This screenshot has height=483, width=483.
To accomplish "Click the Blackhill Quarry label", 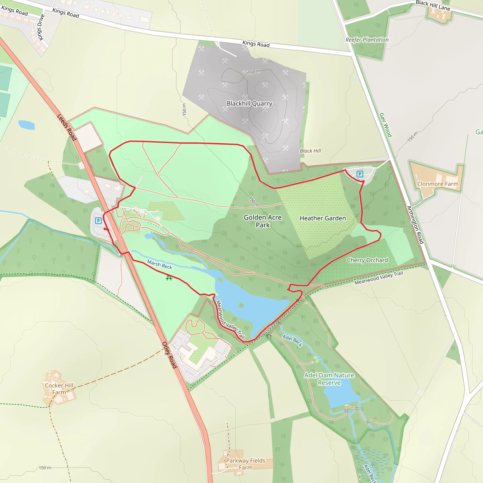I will pos(249,104).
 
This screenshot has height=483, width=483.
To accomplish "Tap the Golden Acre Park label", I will pos(262,221).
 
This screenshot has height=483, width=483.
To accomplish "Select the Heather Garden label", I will pos(322,218).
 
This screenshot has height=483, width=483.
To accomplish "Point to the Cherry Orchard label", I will pos(367,260).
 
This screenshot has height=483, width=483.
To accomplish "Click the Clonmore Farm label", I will pos(438,184).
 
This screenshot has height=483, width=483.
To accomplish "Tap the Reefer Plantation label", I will pos(367,40).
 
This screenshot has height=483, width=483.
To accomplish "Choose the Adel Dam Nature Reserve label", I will pos(329,379).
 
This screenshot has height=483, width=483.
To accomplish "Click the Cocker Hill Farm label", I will pos(59,389).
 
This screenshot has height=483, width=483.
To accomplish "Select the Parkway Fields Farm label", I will pos(246,464).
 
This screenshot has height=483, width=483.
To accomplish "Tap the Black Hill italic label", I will pos(310,151).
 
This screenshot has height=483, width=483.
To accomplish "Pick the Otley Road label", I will pos(170,355).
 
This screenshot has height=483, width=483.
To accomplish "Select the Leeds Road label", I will pos(67,127).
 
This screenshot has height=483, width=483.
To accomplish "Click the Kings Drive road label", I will pos(41,27).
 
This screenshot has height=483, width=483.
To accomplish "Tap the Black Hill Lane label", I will pos(433,5).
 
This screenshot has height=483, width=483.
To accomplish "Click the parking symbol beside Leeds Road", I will pos(98,221).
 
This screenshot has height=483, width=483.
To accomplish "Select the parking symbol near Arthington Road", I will pos(360,174).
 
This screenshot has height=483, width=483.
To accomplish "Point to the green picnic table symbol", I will pos(169,278).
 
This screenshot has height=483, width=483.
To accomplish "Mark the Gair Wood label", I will pos(386,125).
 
